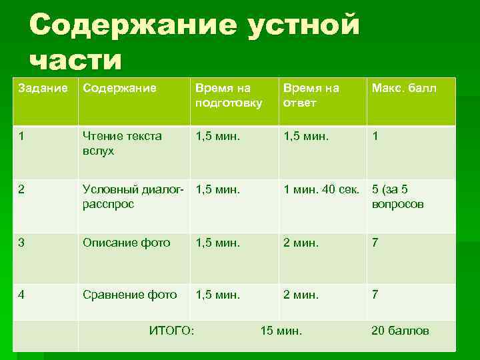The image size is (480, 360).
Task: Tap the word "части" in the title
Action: pyautogui.click(x=76, y=60)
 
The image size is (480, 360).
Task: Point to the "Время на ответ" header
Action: pyautogui.click(x=311, y=95)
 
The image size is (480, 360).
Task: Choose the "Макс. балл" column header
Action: pyautogui.click(x=404, y=88)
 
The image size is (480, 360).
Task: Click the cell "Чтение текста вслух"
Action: pyautogui.click(x=122, y=143)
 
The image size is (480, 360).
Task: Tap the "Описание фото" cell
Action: pyautogui.click(x=126, y=243)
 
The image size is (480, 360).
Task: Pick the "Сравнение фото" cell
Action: pyautogui.click(x=129, y=294)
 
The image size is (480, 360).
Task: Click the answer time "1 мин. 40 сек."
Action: pyautogui.click(x=321, y=189)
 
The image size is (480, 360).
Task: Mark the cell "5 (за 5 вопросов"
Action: pyautogui.click(x=397, y=197)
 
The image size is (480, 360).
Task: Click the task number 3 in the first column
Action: pyautogui.click(x=23, y=243)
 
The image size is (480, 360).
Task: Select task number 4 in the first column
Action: pyautogui.click(x=23, y=294)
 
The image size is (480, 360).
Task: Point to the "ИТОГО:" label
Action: pyautogui.click(x=172, y=331)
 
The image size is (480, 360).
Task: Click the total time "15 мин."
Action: pyautogui.click(x=281, y=331)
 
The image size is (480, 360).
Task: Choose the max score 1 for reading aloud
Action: pyautogui.click(x=375, y=136)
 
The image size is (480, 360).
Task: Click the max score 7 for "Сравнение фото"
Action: pyautogui.click(x=375, y=294)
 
